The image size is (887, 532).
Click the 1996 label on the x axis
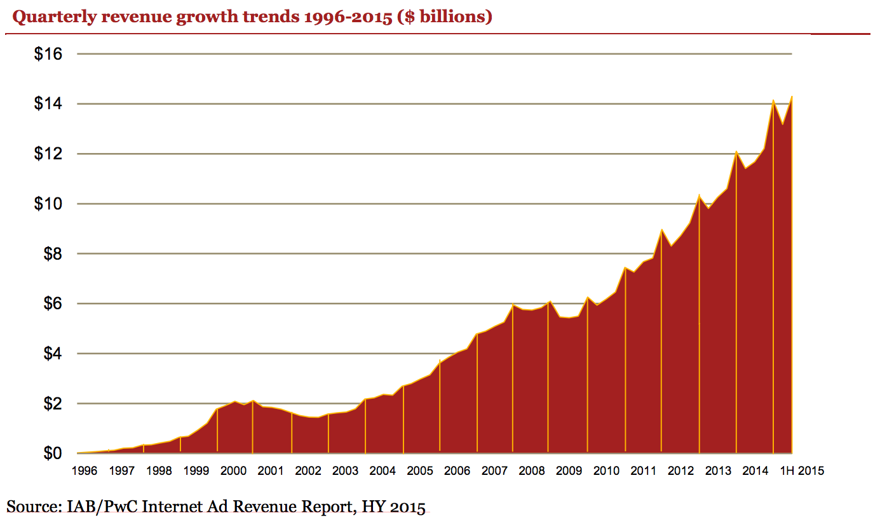(84, 471)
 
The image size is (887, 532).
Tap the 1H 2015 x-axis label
(801, 471)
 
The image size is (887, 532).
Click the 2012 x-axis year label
(680, 471)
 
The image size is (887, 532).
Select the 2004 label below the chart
(383, 471)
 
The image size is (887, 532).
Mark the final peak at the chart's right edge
(792, 97)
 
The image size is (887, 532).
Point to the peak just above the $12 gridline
(736, 152)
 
